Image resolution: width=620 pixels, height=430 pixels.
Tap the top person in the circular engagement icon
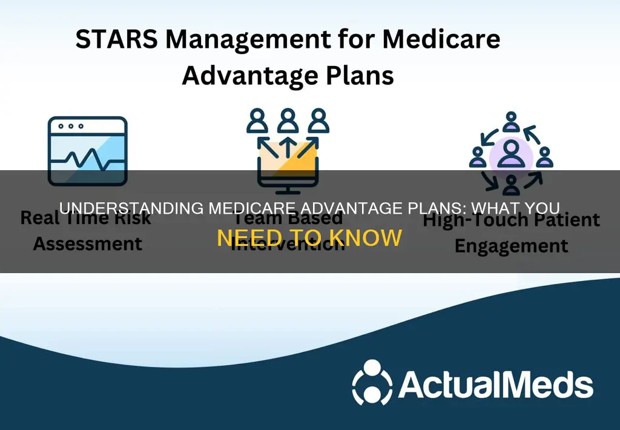point(511,119)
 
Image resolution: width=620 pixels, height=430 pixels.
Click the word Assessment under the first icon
point(87,243)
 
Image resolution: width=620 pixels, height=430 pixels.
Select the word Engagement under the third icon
point(511,246)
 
